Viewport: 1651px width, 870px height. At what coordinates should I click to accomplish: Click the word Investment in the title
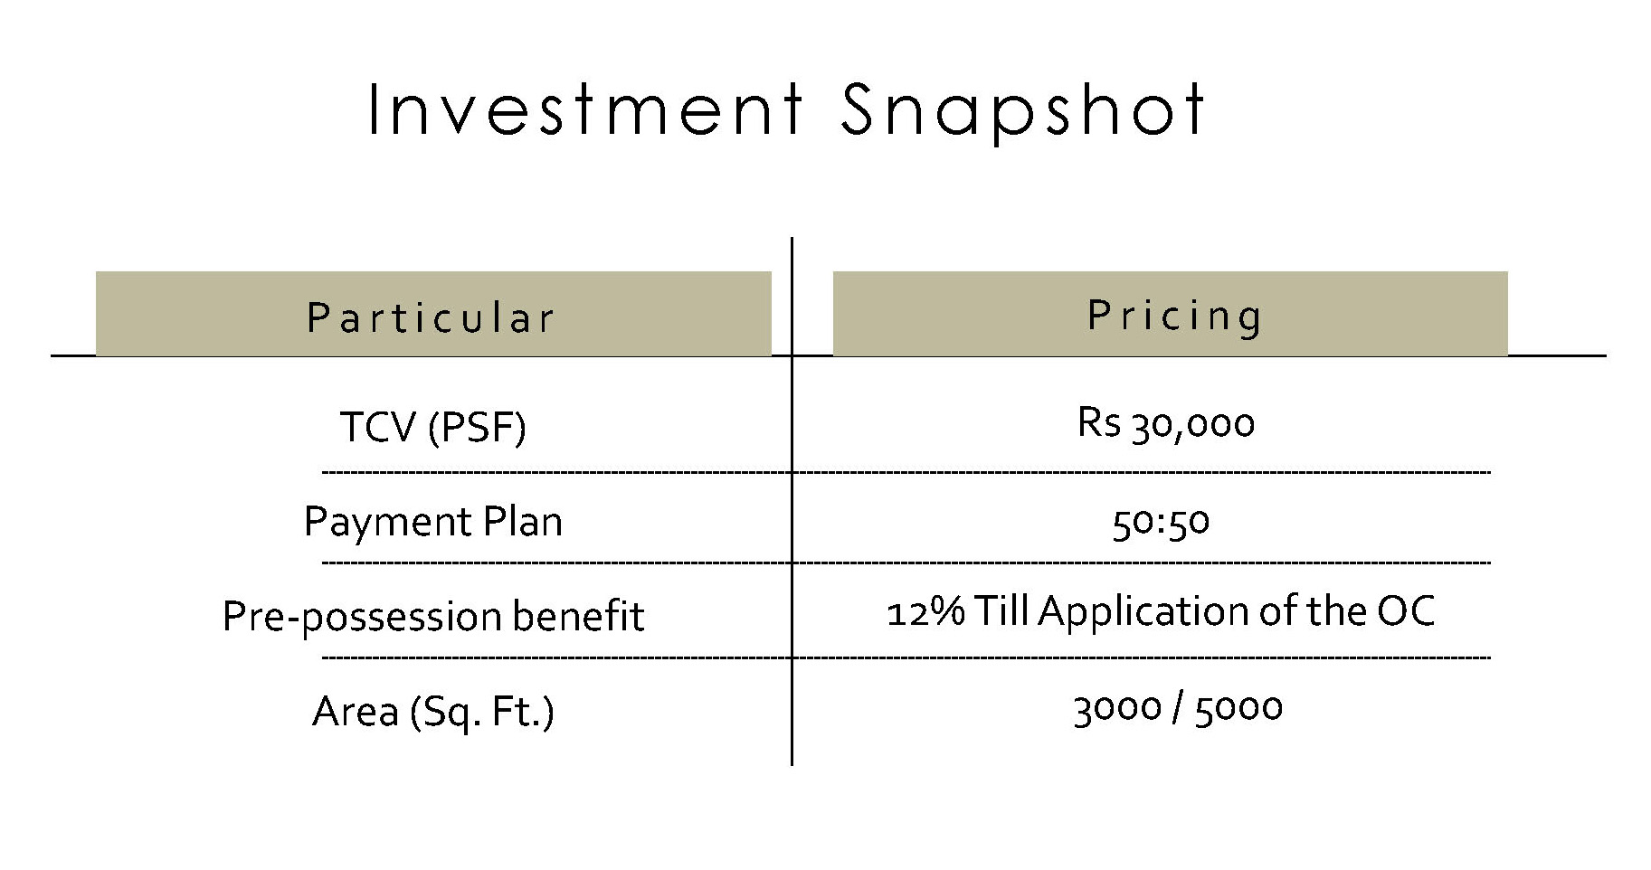pos(585,110)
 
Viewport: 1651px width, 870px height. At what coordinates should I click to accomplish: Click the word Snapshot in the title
pos(1022,112)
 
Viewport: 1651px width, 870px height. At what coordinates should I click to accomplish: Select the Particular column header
pos(431,317)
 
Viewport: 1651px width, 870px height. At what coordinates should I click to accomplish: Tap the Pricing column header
pos(1175,316)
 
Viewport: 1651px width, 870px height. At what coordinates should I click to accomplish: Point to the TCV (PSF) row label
pos(432,427)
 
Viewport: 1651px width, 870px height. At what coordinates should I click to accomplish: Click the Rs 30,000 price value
pos(1165,423)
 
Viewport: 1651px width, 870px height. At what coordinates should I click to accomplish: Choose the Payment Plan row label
pos(432,522)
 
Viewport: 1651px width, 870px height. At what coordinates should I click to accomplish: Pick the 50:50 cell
pos(1161,523)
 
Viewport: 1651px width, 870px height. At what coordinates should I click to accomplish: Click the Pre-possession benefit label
pos(433,617)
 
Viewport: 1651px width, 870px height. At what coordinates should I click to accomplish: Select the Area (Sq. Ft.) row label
pos(433,712)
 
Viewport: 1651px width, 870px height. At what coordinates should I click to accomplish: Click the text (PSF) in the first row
pos(478,427)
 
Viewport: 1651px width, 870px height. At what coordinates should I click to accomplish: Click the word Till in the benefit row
pos(1001,611)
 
